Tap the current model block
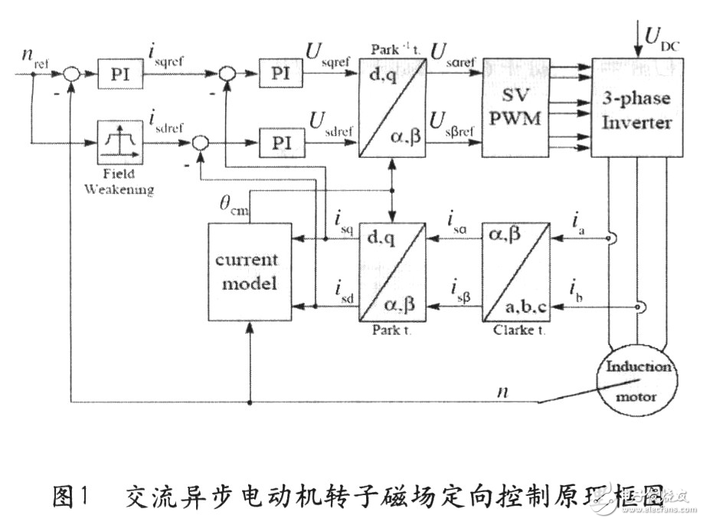[247, 270]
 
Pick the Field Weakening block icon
[116, 143]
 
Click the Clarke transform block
[515, 271]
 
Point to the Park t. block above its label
[394, 271]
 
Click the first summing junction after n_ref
[70, 75]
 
